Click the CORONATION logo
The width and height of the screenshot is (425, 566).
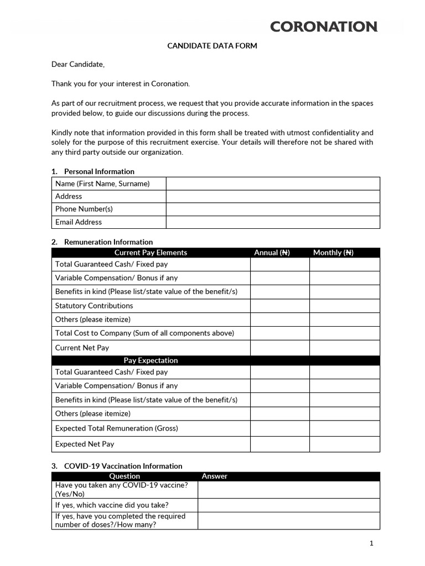[324, 26]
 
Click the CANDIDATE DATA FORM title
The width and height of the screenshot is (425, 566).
[212, 46]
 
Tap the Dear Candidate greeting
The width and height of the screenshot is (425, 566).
[78, 64]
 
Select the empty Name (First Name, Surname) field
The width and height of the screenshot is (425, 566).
[273, 184]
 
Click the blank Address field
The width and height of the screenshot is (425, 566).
[273, 196]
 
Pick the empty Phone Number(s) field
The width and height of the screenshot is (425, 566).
[273, 209]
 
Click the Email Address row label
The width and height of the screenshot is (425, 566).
[79, 222]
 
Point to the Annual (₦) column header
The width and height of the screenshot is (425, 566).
[272, 253]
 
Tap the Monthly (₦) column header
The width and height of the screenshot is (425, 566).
[333, 253]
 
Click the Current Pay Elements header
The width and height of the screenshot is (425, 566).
[151, 253]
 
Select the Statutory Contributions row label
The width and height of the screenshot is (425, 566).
[94, 306]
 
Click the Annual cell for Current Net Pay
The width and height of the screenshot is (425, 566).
[279, 348]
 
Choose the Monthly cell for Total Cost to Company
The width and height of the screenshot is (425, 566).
[344, 333]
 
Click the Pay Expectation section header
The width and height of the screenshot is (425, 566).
[151, 360]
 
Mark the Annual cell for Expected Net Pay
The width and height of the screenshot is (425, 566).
[279, 444]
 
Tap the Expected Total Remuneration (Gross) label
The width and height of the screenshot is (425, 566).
[116, 428]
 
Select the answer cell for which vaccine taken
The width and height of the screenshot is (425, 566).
[288, 505]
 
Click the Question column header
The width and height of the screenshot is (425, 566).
[125, 476]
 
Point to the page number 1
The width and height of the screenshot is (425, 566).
[371, 543]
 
